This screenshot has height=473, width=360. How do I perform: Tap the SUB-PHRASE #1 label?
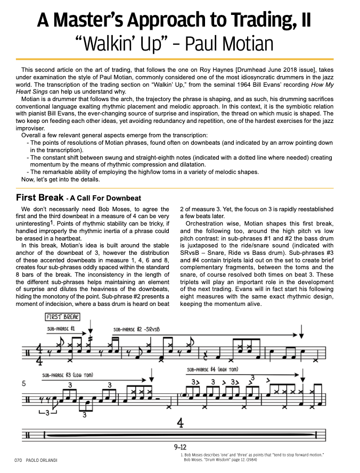coord(61,329)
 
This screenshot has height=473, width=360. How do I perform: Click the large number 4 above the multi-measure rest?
coord(180,424)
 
